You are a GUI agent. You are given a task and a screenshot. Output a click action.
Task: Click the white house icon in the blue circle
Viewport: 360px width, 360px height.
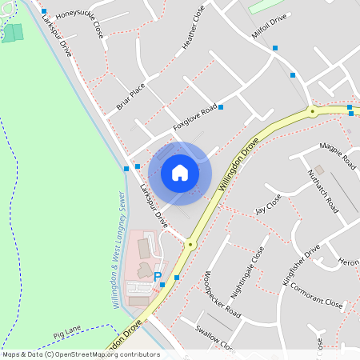(x=180, y=173)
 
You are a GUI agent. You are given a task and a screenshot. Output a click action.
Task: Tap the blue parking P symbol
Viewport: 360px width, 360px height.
(x=157, y=276)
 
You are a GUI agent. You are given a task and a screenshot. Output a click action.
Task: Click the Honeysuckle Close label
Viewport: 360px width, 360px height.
(x=79, y=19)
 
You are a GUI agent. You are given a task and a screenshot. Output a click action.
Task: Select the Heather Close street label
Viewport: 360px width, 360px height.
(x=194, y=28)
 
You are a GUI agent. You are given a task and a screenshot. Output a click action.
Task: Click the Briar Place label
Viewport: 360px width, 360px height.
(x=130, y=94)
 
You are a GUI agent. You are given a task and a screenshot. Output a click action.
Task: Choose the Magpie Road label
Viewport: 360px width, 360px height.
(x=337, y=156)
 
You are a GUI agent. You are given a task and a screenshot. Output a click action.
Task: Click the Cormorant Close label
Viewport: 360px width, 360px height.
(x=316, y=295)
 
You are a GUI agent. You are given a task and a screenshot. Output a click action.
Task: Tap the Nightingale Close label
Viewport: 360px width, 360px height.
(x=247, y=276)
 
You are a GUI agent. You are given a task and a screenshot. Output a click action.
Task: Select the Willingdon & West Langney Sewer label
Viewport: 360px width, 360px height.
(x=117, y=249)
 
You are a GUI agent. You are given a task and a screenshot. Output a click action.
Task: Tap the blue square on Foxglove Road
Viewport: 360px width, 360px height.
(x=221, y=107)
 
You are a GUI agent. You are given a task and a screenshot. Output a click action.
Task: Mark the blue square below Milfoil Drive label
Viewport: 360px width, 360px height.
(x=275, y=48)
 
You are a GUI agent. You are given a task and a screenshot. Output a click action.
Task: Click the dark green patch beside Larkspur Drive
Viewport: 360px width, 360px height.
(x=12, y=33)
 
